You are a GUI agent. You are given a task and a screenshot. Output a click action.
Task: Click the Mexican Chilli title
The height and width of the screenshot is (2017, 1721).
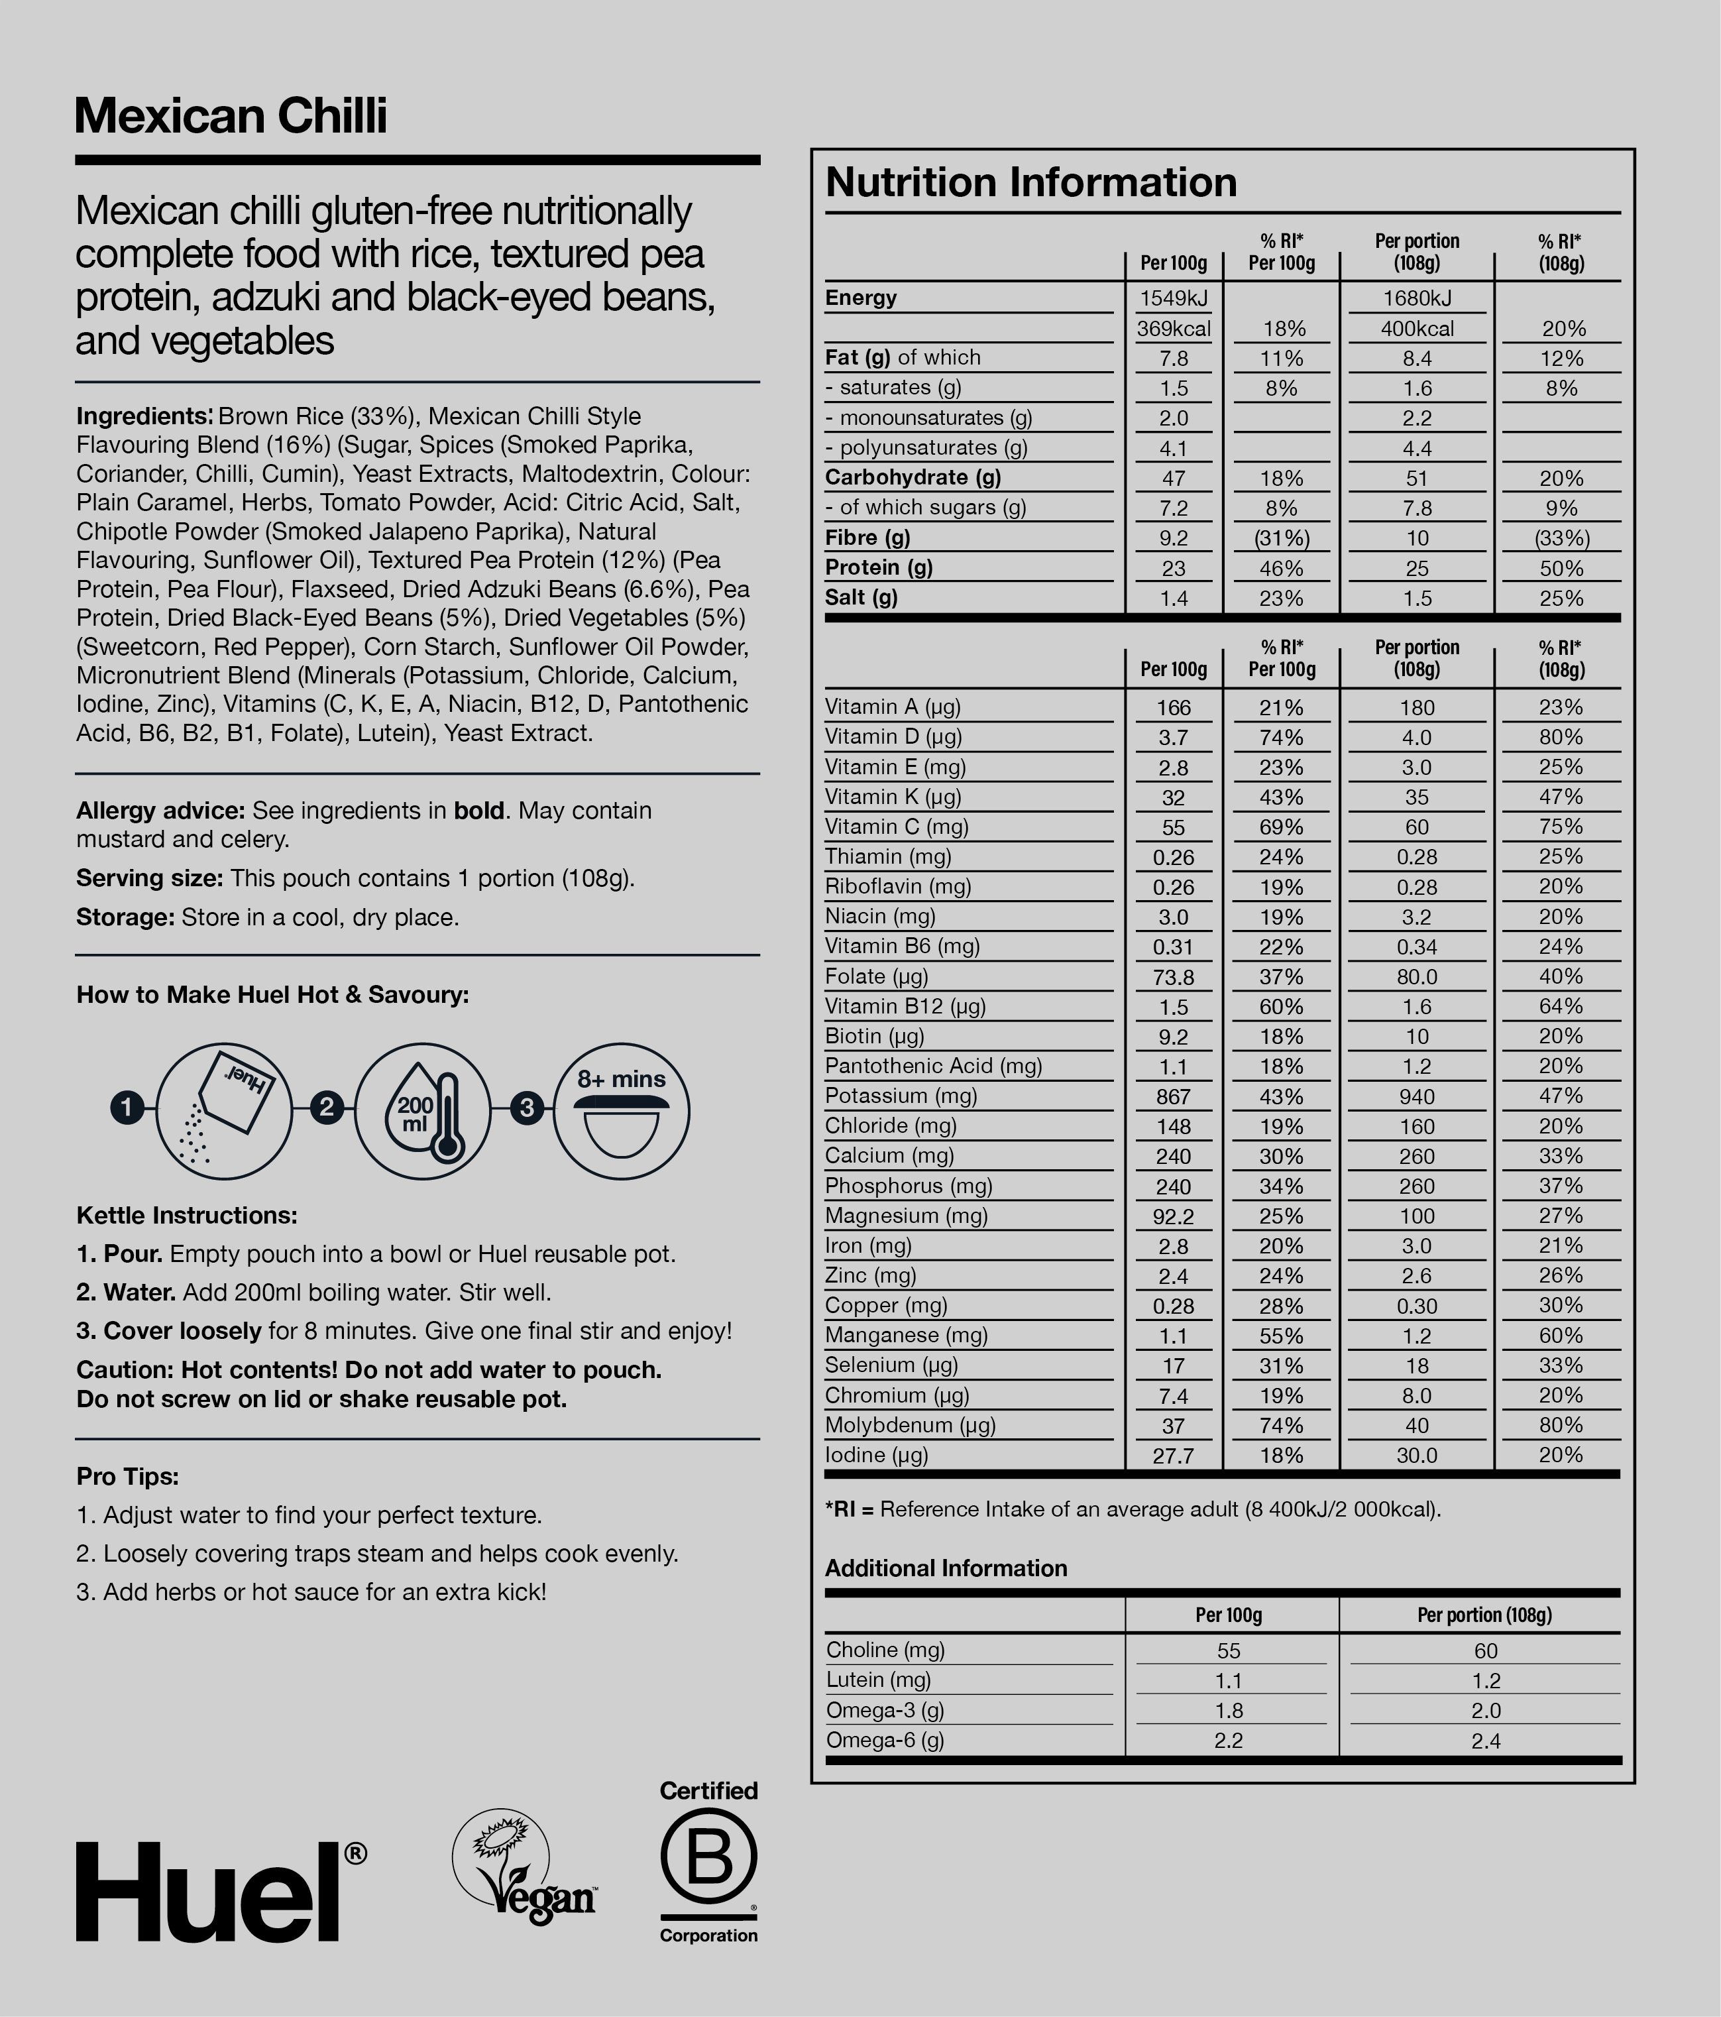(231, 116)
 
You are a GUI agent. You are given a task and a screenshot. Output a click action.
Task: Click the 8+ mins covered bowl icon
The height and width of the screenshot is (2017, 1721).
(621, 1112)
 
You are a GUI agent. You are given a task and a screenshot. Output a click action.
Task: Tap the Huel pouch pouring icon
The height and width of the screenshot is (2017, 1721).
(225, 1112)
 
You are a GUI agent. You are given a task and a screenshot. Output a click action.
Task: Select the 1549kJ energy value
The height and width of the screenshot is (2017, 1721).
(1173, 298)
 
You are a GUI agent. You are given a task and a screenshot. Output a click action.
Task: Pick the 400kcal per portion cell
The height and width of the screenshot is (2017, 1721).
(1416, 329)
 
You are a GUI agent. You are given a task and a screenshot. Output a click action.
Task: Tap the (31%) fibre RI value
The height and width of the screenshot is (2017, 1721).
(1281, 538)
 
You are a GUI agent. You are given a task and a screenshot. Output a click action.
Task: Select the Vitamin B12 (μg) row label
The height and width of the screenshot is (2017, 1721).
(905, 1007)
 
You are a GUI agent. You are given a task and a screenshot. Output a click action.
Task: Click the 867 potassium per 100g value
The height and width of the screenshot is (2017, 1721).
(1173, 1097)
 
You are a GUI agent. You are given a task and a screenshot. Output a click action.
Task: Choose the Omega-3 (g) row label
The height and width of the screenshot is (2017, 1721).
(885, 1710)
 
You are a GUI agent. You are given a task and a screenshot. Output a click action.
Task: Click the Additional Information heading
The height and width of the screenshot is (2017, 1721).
(945, 1568)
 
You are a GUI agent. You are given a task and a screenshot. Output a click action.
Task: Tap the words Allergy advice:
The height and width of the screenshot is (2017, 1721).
(160, 811)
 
